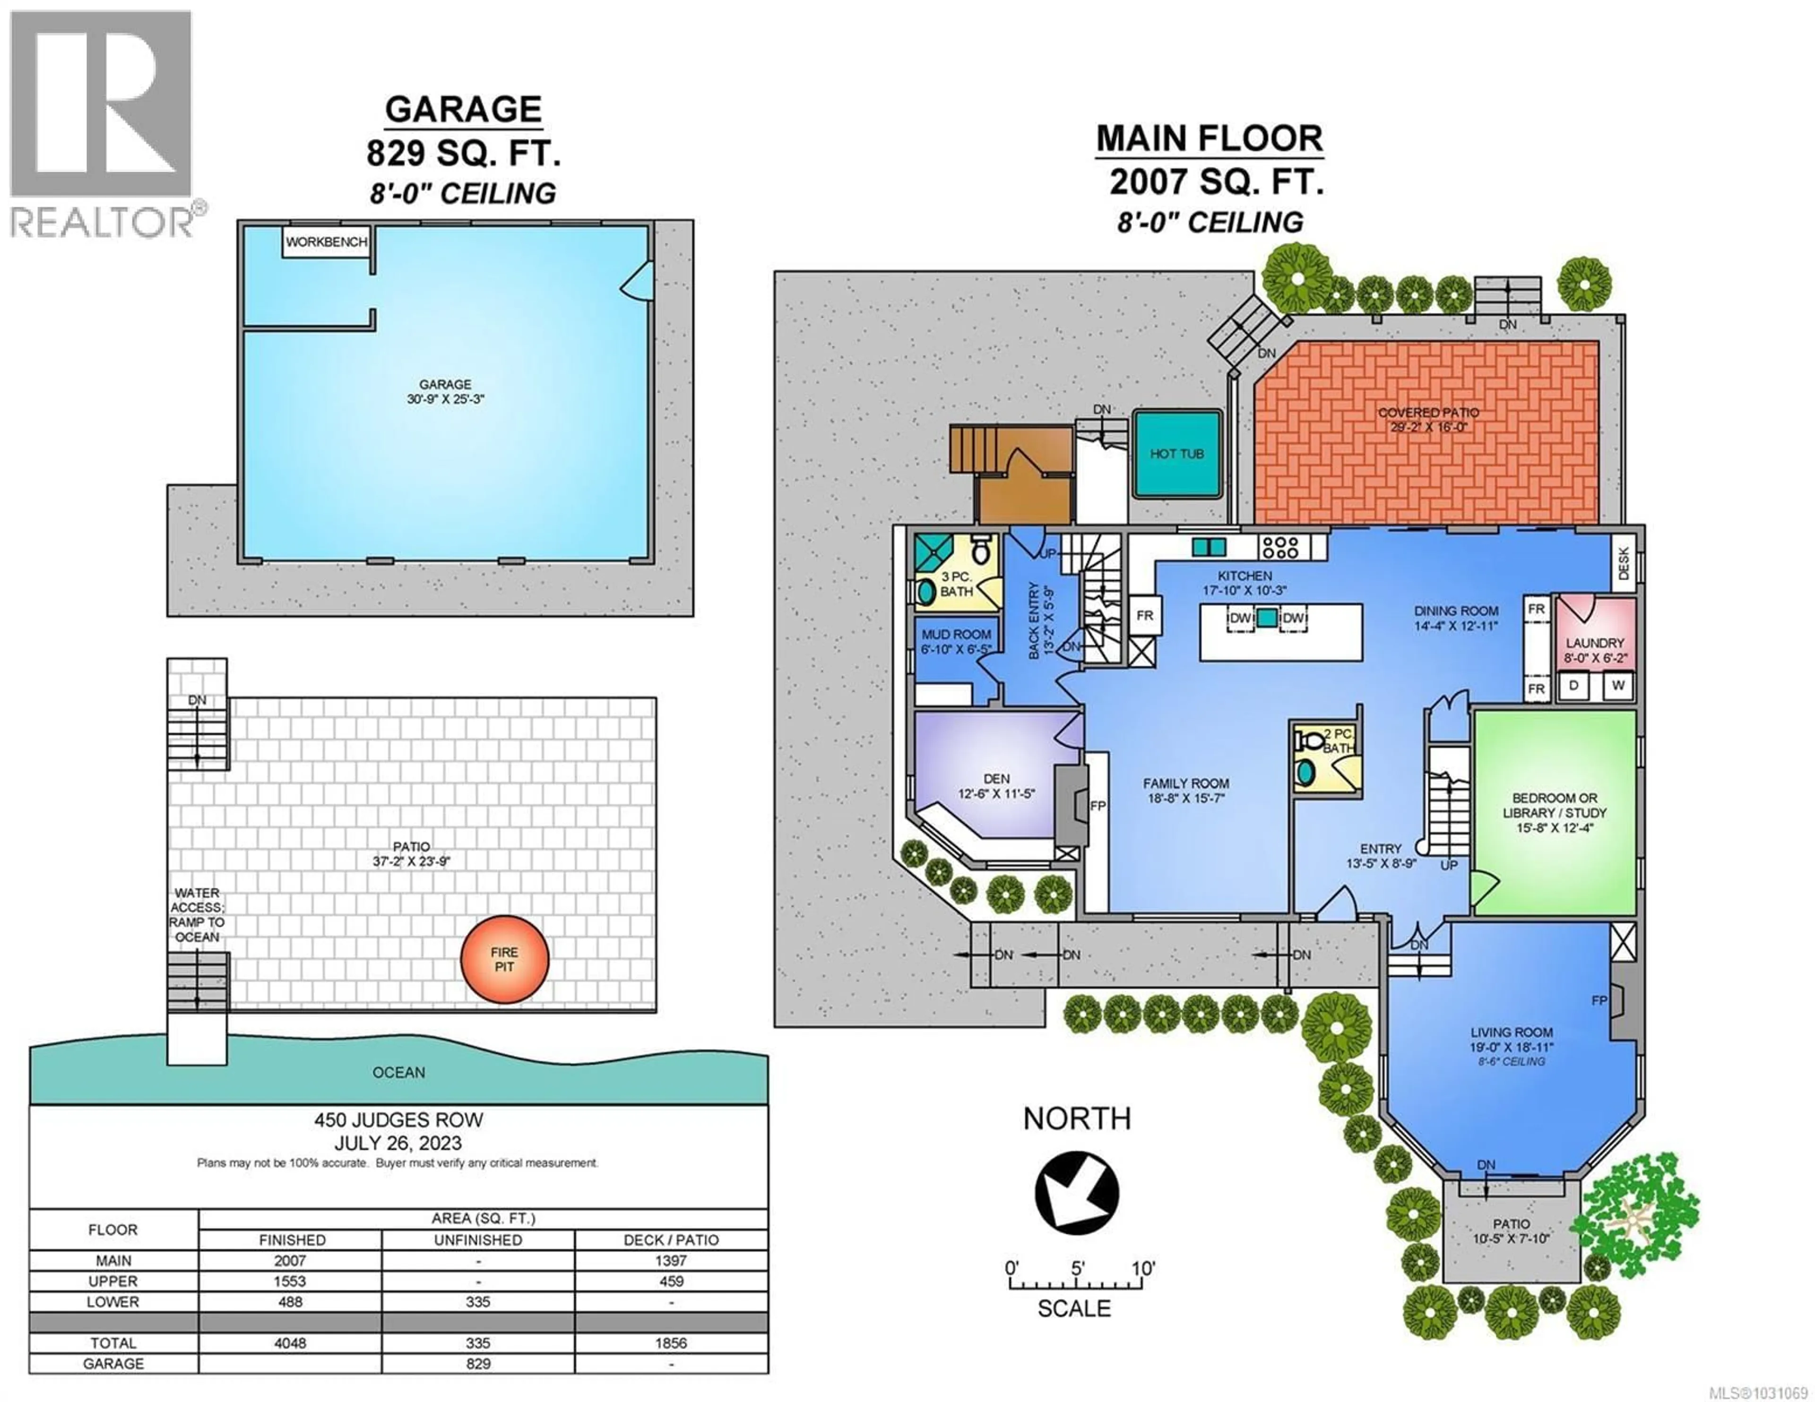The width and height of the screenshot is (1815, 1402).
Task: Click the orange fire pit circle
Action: tap(504, 959)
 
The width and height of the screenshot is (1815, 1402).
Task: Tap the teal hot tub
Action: tap(1177, 454)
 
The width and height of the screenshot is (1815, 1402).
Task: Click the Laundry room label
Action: tap(1595, 643)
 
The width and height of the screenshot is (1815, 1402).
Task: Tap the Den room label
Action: tap(996, 779)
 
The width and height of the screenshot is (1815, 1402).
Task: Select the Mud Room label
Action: tap(956, 634)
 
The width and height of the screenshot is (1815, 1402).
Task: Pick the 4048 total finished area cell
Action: tap(290, 1343)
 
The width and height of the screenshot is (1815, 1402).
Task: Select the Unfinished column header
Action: tap(478, 1240)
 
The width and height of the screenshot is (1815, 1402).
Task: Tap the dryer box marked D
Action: tap(1573, 686)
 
